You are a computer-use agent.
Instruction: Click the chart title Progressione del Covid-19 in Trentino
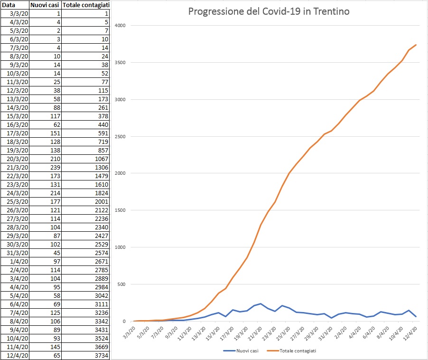[269, 11]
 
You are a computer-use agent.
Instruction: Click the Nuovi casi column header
[45, 5]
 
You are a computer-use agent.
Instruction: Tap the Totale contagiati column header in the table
[86, 5]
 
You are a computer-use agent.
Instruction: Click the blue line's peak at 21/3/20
[261, 303]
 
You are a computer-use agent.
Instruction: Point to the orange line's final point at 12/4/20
[416, 45]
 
